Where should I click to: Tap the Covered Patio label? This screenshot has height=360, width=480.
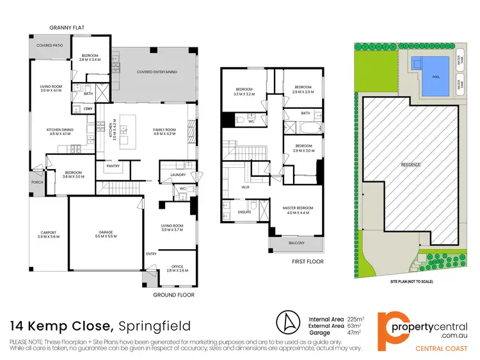49,45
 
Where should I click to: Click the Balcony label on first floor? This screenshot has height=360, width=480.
296,243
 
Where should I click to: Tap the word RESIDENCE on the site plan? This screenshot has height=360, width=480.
411,165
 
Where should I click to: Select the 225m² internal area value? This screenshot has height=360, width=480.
356,317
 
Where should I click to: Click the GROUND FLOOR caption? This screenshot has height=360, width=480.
173,295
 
